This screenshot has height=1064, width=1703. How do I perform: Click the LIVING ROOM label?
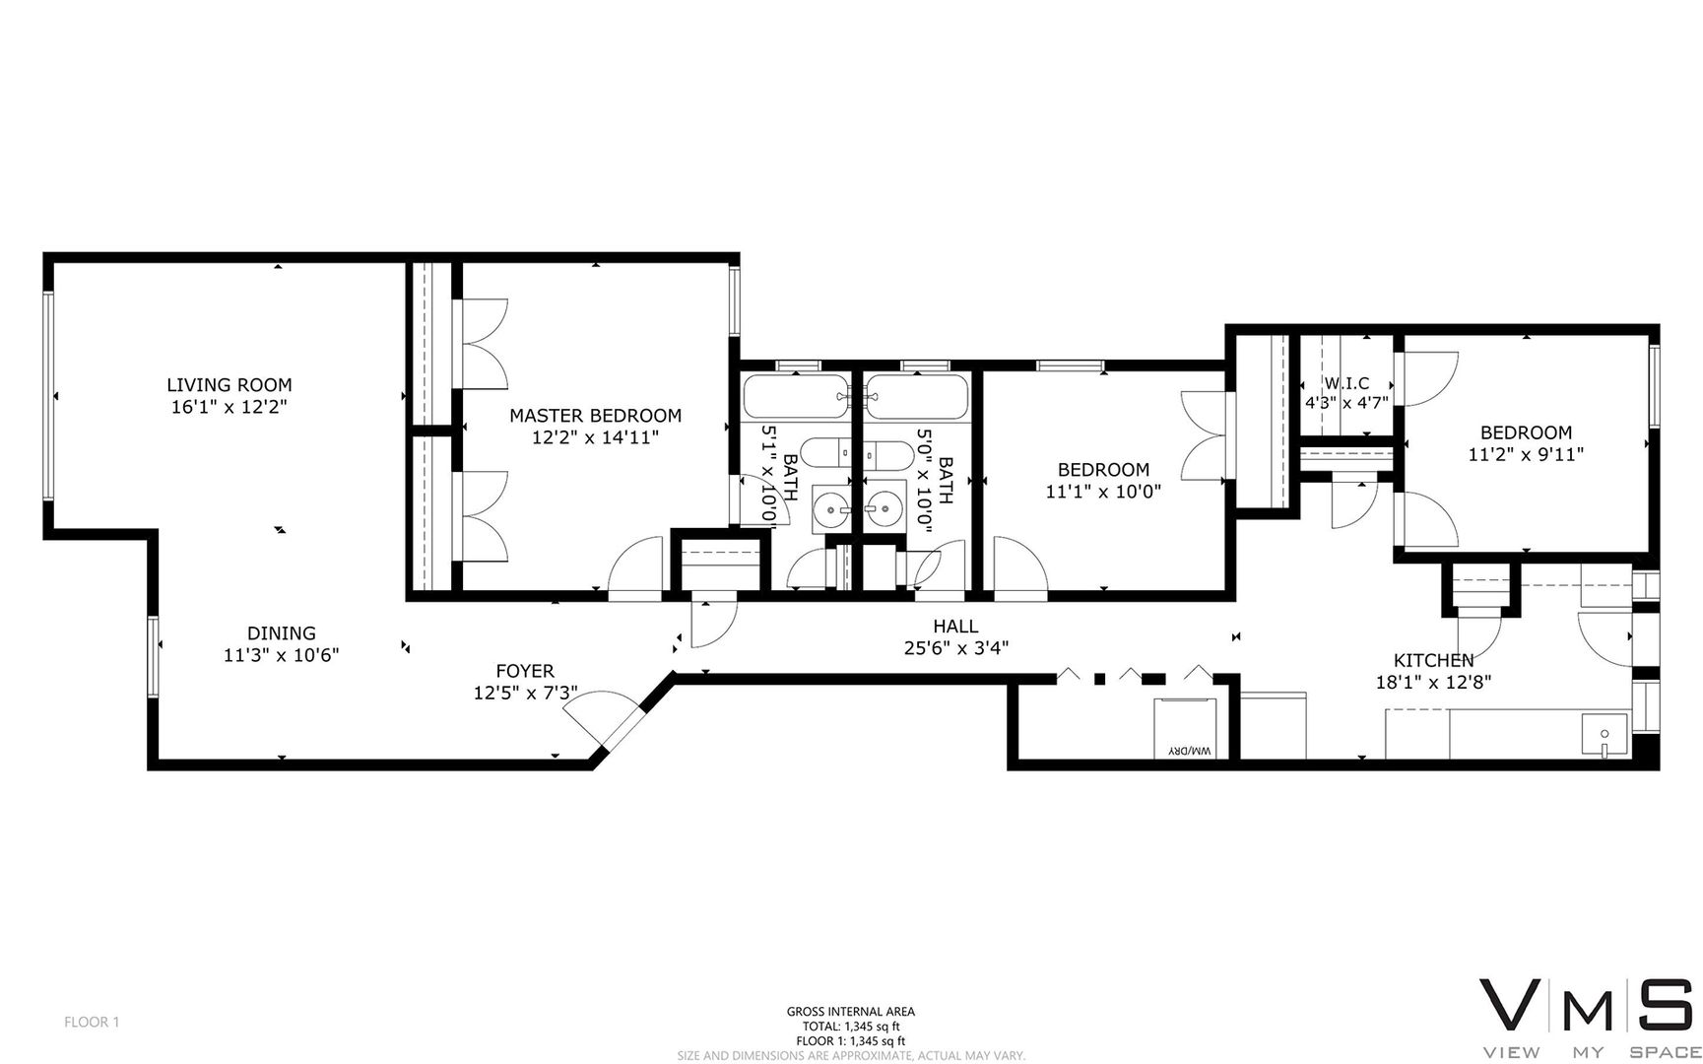(x=229, y=385)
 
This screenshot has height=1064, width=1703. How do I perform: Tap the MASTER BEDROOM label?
(x=595, y=416)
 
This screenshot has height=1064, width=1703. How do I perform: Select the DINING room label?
(x=282, y=633)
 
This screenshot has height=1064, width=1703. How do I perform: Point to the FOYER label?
(x=525, y=671)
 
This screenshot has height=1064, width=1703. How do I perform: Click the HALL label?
(x=955, y=627)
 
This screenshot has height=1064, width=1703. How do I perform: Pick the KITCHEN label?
(x=1433, y=660)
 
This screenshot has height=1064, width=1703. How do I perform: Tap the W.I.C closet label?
(x=1346, y=383)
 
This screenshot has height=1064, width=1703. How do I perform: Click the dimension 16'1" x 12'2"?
(x=229, y=406)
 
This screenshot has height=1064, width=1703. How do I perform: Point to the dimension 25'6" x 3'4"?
(x=955, y=647)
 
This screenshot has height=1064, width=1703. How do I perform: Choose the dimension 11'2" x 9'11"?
(x=1526, y=454)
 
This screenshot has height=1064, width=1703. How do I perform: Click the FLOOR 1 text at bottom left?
(x=92, y=1023)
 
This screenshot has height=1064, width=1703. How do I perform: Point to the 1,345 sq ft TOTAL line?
(x=851, y=1026)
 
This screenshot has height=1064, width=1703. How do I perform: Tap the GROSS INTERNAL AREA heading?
(x=851, y=1012)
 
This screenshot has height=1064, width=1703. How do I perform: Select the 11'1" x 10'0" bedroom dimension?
(x=1103, y=491)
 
